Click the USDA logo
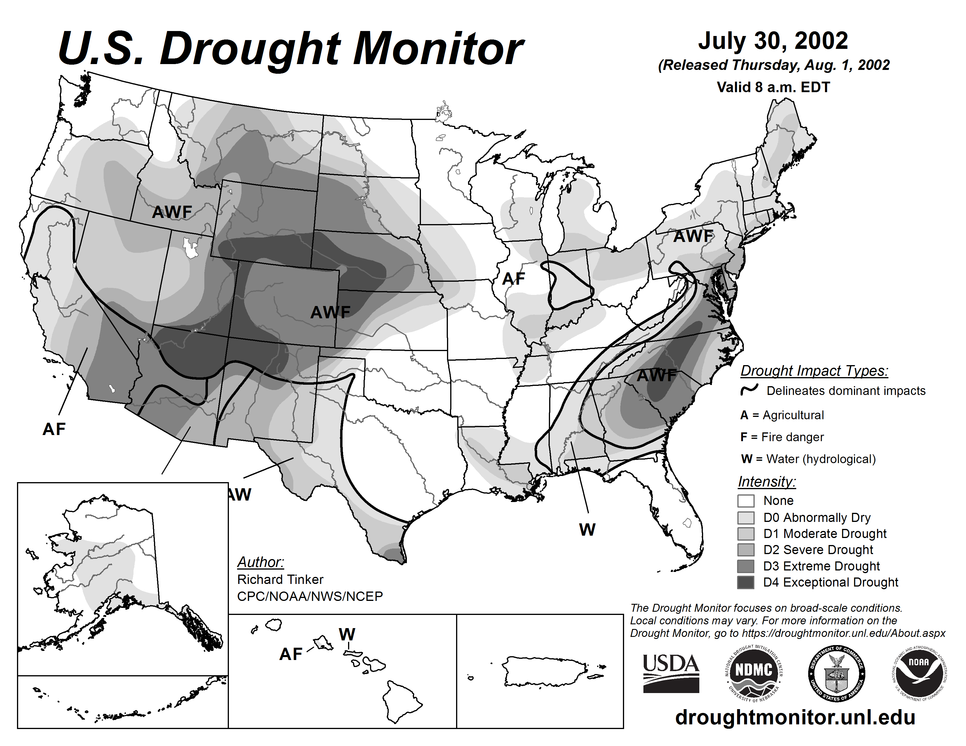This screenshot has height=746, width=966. [x=671, y=673]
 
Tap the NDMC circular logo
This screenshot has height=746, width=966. [x=753, y=673]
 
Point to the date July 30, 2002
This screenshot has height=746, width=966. [x=773, y=41]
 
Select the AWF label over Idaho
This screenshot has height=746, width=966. [x=172, y=212]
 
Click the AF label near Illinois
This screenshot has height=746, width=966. [x=513, y=279]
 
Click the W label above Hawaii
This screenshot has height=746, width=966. [x=347, y=635]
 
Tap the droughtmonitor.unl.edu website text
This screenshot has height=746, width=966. [x=795, y=717]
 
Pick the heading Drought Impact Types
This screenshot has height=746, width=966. [x=814, y=371]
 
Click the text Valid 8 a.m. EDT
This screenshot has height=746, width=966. [x=773, y=87]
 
